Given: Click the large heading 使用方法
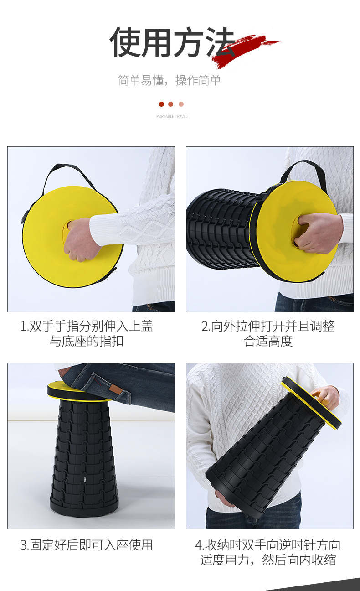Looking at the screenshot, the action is coord(172,42).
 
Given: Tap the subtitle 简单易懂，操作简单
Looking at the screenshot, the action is coord(170,80).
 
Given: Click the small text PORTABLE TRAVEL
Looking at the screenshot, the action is coord(172,116).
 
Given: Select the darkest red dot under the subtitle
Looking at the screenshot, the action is coord(161,104).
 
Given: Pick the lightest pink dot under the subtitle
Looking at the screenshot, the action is coord(181,104).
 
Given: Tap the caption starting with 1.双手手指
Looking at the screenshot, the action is coord(87,333).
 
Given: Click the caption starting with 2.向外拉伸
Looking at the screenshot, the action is coord(268,333).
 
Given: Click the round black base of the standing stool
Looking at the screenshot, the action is coord(84,506).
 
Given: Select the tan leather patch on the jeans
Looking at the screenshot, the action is coord(114,389).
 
